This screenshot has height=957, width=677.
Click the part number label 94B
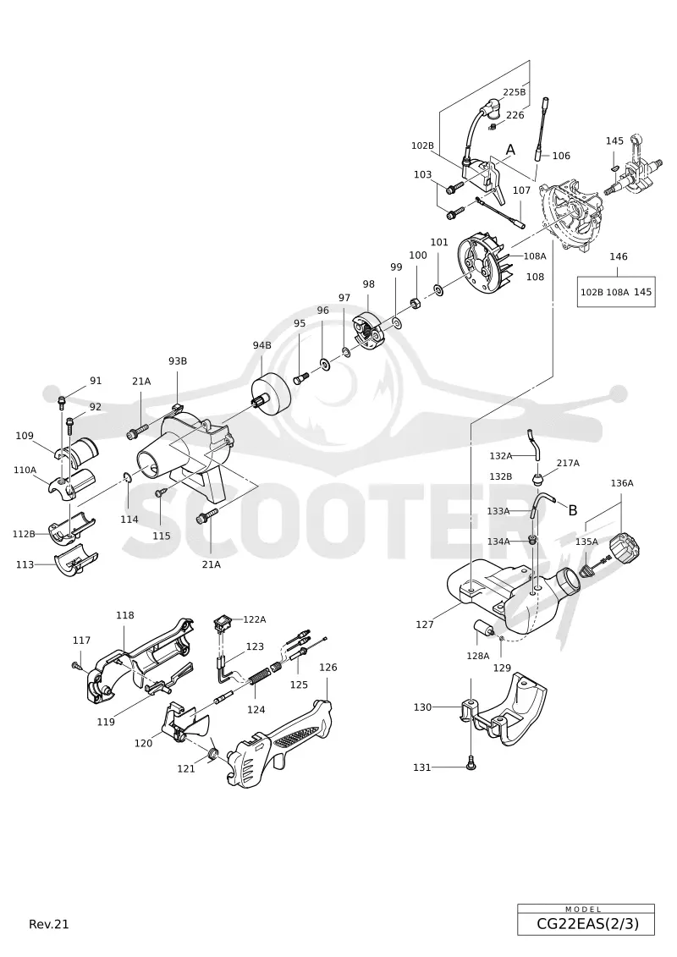click(x=261, y=345)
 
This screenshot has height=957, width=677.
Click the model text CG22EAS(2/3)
click(x=587, y=924)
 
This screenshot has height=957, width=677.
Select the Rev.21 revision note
click(x=49, y=924)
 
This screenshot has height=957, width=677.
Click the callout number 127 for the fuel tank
click(x=425, y=624)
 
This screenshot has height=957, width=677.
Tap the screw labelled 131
click(x=470, y=762)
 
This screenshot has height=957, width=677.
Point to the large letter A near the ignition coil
click(x=511, y=150)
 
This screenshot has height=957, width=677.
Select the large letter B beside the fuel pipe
click(x=573, y=510)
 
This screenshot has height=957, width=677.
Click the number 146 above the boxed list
click(x=619, y=256)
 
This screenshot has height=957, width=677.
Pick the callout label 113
click(x=25, y=564)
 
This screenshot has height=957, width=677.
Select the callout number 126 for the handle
click(x=327, y=667)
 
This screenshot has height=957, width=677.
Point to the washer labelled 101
click(x=438, y=288)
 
